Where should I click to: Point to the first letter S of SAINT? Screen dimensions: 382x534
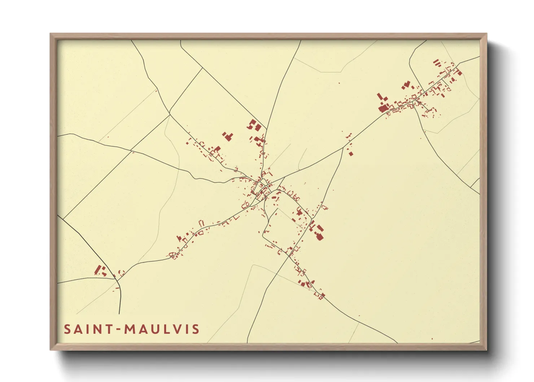67,329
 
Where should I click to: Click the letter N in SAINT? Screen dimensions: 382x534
97,329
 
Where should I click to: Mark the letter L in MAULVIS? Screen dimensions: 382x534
165,329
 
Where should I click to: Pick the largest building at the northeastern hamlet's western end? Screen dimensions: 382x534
382,108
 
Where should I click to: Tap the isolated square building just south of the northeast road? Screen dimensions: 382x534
351,154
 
